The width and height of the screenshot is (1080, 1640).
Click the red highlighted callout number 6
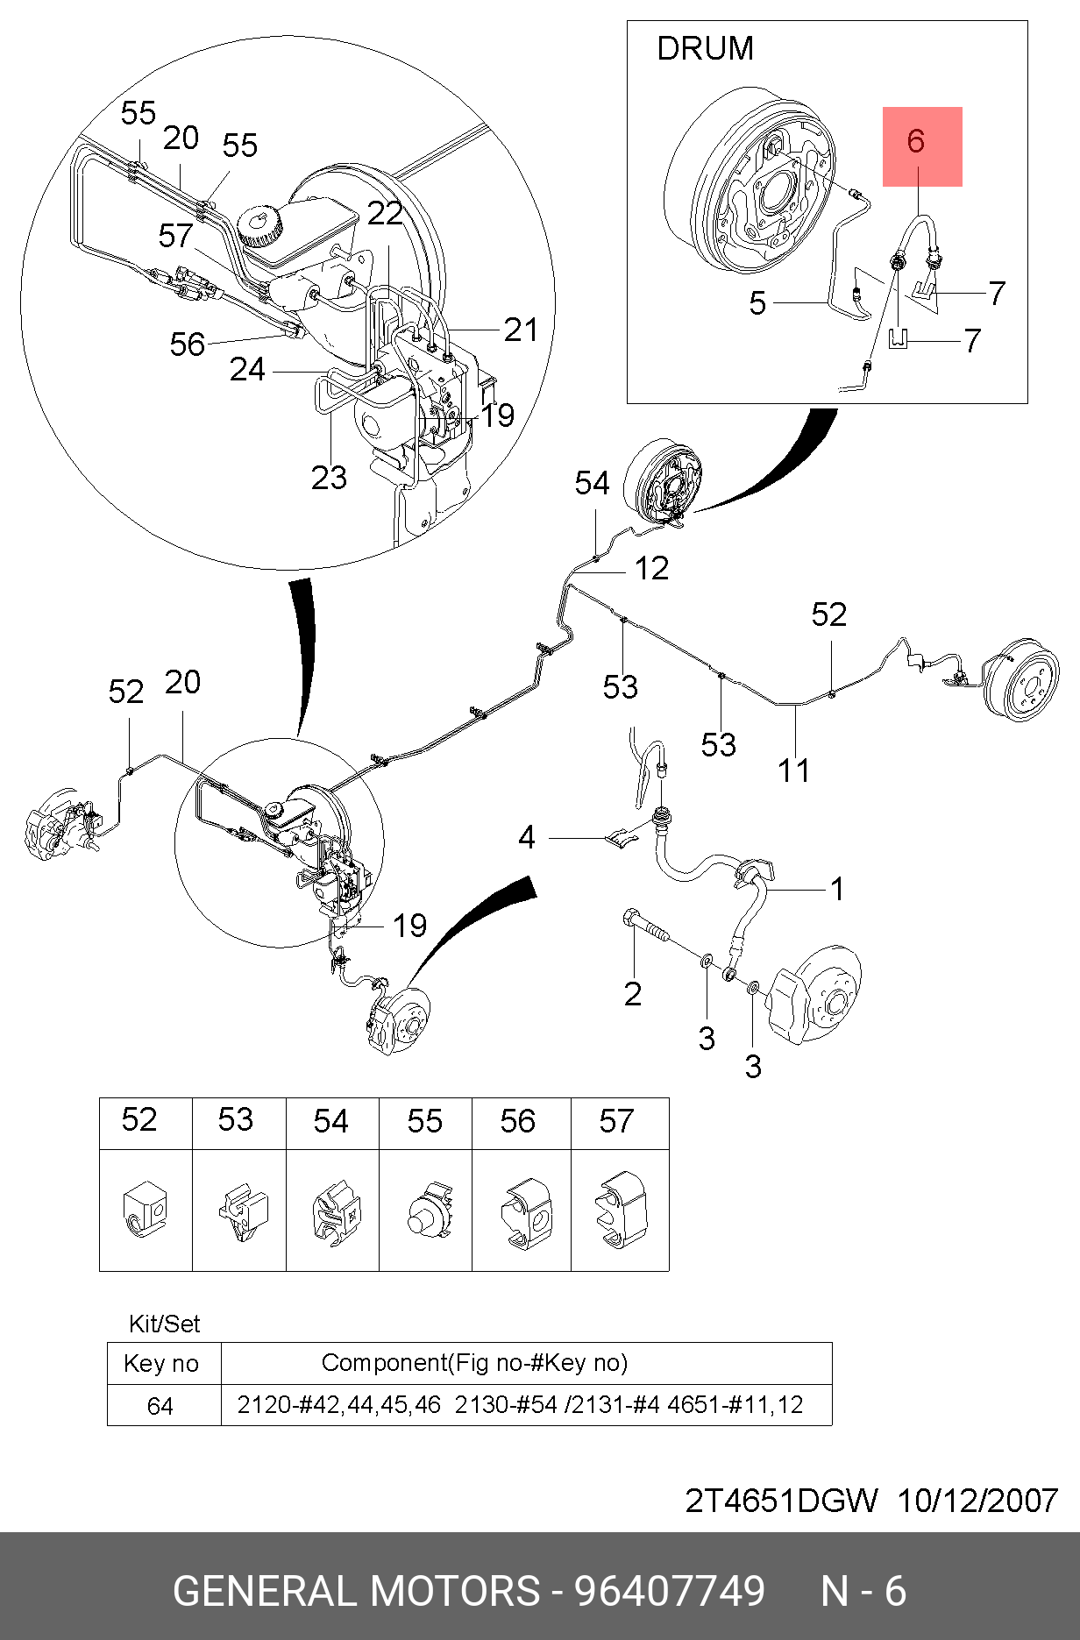click(916, 140)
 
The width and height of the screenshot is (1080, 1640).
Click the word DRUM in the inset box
click(706, 48)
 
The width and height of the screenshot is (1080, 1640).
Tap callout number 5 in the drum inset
click(757, 303)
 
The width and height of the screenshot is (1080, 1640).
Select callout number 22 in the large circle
click(385, 213)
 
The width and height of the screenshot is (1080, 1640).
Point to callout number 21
click(521, 330)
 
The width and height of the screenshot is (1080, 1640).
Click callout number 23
click(329, 478)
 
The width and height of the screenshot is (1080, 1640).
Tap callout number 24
click(247, 369)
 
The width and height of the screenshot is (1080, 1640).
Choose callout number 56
click(188, 344)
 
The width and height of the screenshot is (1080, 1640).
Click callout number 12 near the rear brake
click(651, 568)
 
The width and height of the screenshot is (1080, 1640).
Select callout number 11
click(794, 770)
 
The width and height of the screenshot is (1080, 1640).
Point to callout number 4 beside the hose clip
click(526, 837)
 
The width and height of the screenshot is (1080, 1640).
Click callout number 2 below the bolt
click(633, 994)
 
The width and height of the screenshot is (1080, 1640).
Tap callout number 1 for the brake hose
click(837, 889)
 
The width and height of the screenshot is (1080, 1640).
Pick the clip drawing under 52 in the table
click(145, 1210)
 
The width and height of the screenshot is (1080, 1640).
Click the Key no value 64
click(160, 1406)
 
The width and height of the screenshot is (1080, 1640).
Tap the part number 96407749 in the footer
click(670, 1591)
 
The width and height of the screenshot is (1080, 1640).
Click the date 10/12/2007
click(977, 1501)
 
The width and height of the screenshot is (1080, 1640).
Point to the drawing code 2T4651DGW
click(781, 1501)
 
